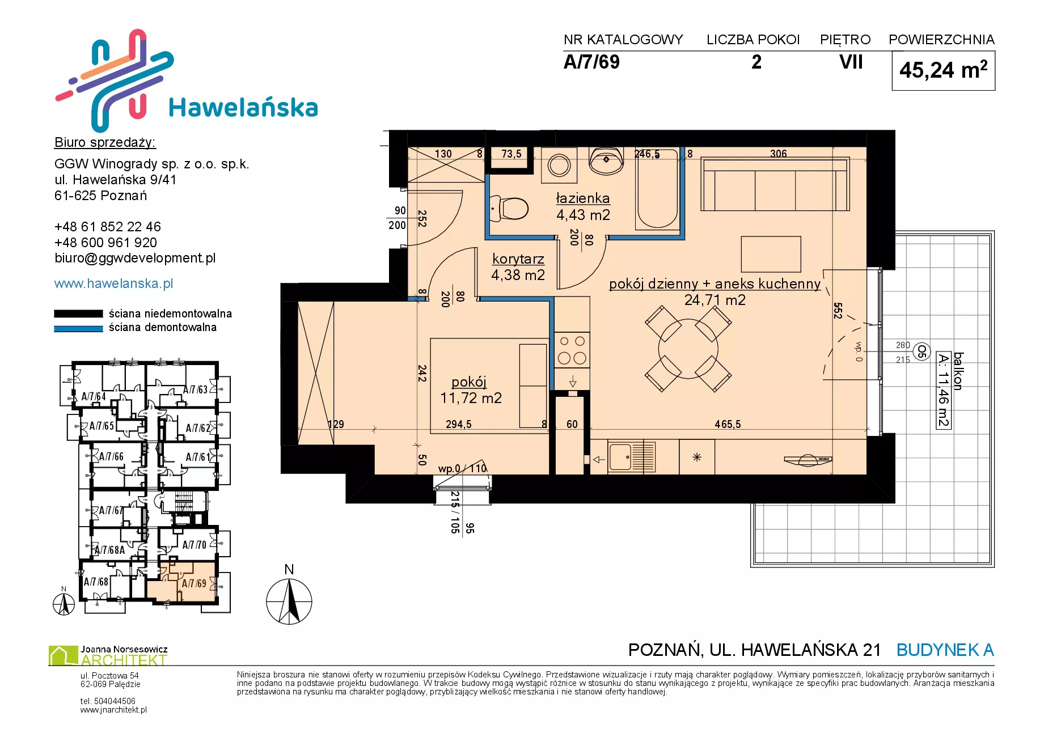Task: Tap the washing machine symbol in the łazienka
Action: [559, 166]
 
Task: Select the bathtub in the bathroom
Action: [658, 189]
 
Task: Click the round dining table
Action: [688, 349]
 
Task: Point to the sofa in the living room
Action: [775, 184]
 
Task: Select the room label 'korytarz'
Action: [518, 259]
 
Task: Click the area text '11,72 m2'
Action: [471, 398]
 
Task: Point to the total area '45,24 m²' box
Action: [944, 70]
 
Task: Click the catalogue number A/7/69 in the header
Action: [591, 62]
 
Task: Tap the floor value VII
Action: [851, 62]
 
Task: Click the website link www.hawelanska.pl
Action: [113, 283]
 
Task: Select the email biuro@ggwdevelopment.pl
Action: [135, 258]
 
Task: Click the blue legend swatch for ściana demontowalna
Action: [78, 328]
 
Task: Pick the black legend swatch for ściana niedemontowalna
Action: [78, 314]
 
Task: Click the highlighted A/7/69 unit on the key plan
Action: [181, 582]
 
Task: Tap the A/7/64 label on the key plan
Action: [94, 396]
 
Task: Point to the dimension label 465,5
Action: [728, 424]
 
